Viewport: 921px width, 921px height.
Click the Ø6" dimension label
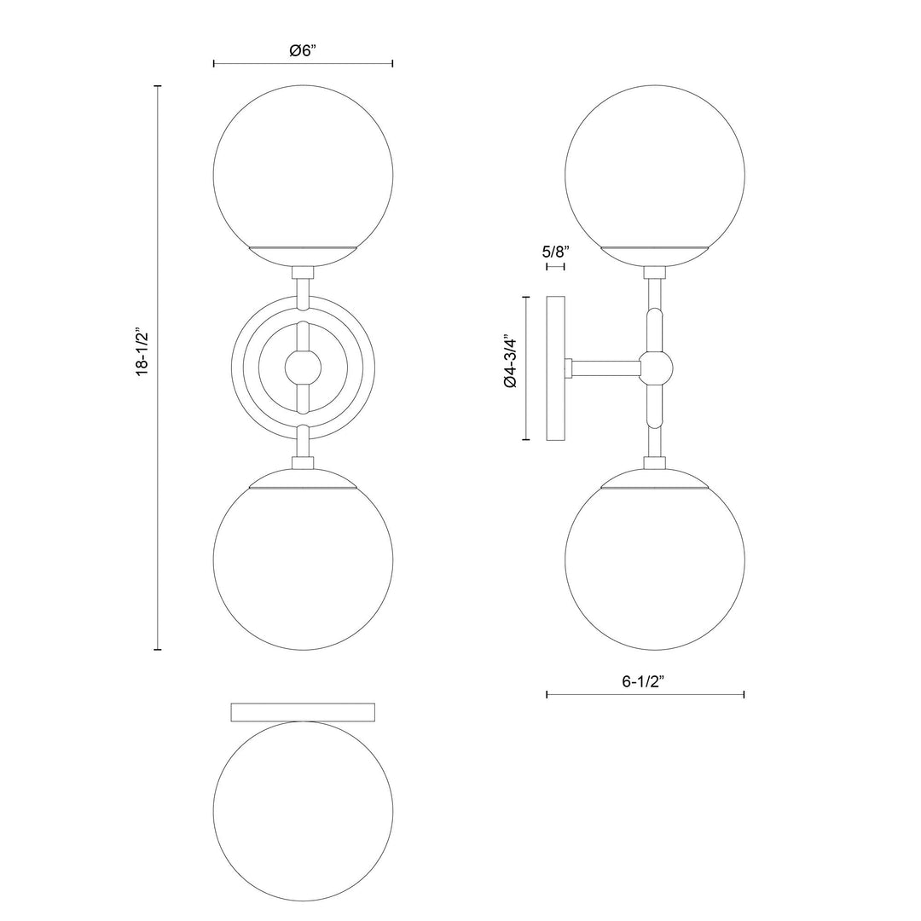click(303, 50)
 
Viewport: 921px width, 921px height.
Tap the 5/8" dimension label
click(555, 252)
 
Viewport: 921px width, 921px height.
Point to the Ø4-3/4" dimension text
click(511, 361)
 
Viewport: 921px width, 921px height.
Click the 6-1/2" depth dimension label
click(645, 681)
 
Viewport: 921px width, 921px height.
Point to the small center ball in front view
click(303, 368)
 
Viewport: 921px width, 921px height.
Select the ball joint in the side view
click(657, 368)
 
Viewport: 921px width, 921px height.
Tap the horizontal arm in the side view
click(605, 368)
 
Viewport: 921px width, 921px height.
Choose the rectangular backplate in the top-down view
click(303, 711)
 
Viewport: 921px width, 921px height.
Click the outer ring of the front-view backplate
click(240, 368)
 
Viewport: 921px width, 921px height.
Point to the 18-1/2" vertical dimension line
click(158, 512)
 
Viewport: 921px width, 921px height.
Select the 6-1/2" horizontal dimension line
click(699, 694)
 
